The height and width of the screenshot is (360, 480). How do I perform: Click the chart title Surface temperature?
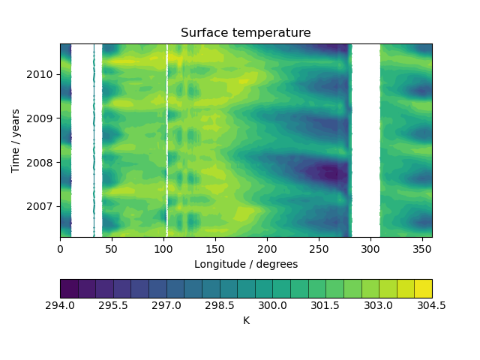pyautogui.click(x=245, y=33)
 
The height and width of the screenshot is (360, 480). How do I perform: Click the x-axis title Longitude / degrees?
pyautogui.click(x=245, y=264)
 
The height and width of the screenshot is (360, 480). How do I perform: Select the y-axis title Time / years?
pyautogui.click(x=15, y=140)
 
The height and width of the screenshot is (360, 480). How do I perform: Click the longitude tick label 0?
pyautogui.click(x=61, y=248)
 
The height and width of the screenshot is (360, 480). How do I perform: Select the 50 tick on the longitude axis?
pyautogui.click(x=112, y=248)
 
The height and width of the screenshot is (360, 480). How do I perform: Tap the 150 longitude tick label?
pyautogui.click(x=215, y=248)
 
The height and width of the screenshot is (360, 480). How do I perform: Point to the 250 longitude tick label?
pyautogui.click(x=319, y=248)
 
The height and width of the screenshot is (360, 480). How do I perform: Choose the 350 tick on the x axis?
pyautogui.click(x=421, y=248)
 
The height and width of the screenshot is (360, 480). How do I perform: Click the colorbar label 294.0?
pyautogui.click(x=61, y=306)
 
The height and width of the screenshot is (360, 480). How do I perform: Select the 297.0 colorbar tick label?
pyautogui.click(x=166, y=306)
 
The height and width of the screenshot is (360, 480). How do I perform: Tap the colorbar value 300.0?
pyautogui.click(x=273, y=306)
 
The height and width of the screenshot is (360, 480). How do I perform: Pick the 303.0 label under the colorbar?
pyautogui.click(x=379, y=306)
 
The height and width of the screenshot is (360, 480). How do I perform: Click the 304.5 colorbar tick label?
pyautogui.click(x=432, y=306)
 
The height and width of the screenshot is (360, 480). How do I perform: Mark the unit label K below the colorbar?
pyautogui.click(x=246, y=321)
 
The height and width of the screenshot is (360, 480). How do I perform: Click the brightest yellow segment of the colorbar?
pyautogui.click(x=423, y=289)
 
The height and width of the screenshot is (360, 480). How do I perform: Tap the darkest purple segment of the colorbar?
pyautogui.click(x=69, y=289)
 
